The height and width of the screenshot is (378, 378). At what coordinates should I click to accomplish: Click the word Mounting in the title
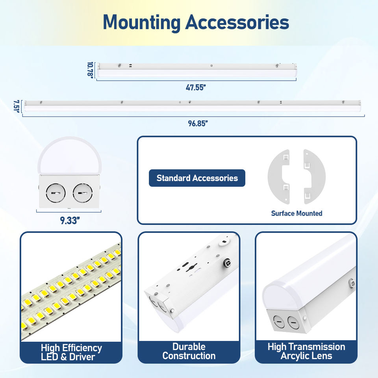[x=141, y=22]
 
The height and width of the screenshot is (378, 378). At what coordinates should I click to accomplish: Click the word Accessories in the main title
[x=237, y=22]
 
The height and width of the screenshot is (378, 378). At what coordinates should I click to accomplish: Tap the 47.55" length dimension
[x=196, y=87]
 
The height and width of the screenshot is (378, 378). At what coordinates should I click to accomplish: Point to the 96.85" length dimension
[x=197, y=123]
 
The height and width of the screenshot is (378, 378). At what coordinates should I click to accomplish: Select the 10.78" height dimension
[x=90, y=70]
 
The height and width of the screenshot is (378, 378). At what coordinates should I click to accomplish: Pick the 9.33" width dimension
[x=70, y=220]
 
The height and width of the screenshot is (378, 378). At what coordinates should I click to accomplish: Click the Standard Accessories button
[x=197, y=178]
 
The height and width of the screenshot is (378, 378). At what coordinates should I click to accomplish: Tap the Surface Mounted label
[x=296, y=213]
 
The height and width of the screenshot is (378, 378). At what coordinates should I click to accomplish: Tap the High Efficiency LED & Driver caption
[x=71, y=352]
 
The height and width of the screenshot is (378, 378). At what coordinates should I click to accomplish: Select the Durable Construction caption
[x=189, y=351]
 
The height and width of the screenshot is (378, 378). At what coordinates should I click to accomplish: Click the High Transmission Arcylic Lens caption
[x=306, y=351]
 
